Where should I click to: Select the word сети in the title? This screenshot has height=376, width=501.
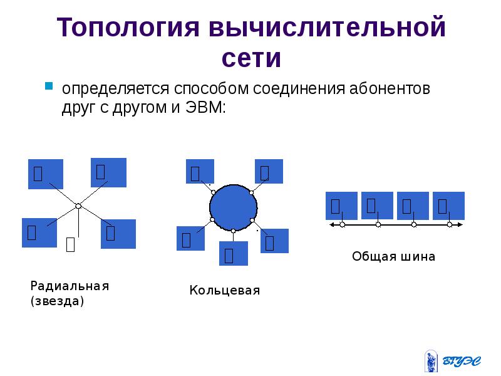coord(250,59)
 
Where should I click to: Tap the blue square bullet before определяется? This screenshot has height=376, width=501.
coord(48,85)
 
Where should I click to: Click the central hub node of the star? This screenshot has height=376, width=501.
coord(78,206)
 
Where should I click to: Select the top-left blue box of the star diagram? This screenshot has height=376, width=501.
coord(46,174)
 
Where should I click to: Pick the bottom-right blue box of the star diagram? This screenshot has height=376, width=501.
coord(118,234)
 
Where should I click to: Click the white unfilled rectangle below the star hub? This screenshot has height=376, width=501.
coord(71,244)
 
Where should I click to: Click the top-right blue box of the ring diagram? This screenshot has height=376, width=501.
coord(269,172)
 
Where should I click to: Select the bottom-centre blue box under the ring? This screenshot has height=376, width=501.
coord(233,253)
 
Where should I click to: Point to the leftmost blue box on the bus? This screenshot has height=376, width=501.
coord(341,205)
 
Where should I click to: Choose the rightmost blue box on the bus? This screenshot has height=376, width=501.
coord(448,205)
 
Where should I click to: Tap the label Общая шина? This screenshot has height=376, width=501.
coord(393,256)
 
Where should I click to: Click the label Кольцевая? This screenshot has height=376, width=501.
coord(224,291)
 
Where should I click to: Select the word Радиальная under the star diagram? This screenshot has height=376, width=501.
coord(70,286)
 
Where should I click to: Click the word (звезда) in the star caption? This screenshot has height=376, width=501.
coord(57,301)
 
